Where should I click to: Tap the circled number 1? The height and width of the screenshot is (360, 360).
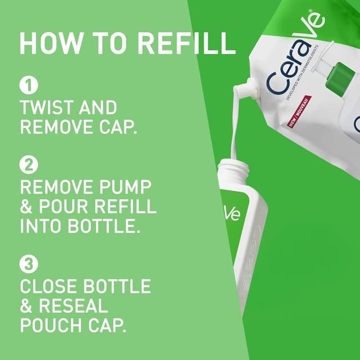[28, 85]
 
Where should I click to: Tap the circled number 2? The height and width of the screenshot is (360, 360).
[28, 165]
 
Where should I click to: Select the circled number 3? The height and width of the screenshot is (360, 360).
[28, 263]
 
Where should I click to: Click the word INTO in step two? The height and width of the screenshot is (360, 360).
[44, 226]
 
